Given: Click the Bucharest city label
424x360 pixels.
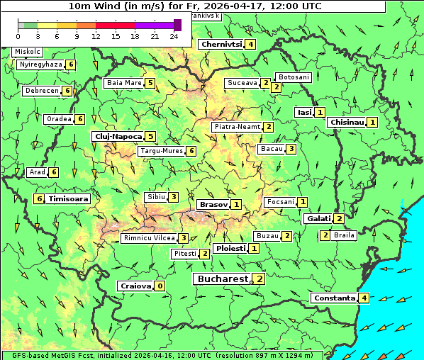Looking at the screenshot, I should click(222, 279).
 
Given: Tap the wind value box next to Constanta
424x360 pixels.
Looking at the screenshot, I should click(364, 298).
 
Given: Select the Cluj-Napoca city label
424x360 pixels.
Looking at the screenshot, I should click(117, 136).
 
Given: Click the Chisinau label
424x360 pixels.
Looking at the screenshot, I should click(347, 122).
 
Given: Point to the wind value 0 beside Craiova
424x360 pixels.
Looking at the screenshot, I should click(160, 286).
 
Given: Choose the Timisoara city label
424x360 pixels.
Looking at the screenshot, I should click(68, 199).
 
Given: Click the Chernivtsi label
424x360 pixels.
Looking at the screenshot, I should click(221, 44).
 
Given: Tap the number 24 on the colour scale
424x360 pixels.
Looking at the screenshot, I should click(174, 36).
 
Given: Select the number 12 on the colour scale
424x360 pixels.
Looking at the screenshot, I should click(96, 36).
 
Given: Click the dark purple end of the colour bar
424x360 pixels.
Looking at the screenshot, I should click(177, 25).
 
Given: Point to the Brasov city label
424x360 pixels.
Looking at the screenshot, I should click(213, 204).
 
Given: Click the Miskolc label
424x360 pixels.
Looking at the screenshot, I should click(28, 52).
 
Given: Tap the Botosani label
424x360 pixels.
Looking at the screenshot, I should click(293, 77).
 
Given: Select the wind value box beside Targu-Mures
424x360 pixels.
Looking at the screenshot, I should click(191, 151).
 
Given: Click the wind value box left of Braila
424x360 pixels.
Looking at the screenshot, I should click(325, 235).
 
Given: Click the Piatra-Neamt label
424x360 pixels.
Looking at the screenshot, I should click(237, 127).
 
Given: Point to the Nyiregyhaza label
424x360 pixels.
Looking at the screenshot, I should click(41, 64).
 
